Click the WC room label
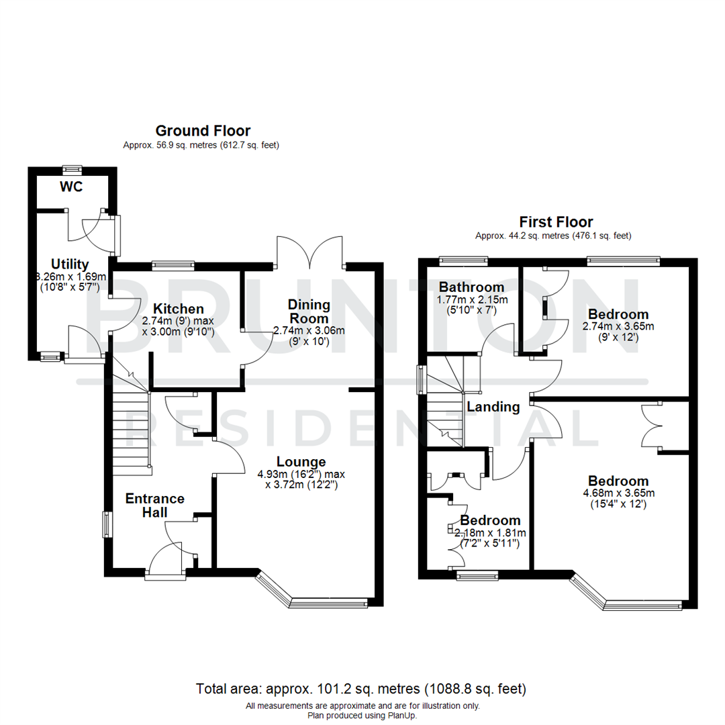[71, 187]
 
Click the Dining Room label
[309, 311]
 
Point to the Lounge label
[301, 462]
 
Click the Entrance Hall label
[155, 505]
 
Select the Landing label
[493, 407]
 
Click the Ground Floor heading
[203, 130]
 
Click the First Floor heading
[556, 222]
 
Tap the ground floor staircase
[131, 423]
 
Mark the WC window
[72, 168]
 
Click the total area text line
[361, 689]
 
